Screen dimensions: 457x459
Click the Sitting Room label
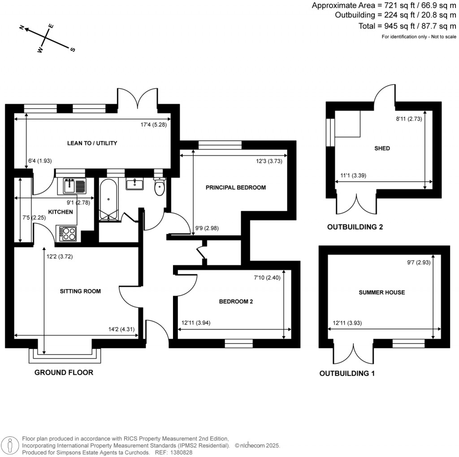click(x=81, y=291)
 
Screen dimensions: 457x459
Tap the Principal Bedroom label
click(x=236, y=188)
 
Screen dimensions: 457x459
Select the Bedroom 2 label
click(x=236, y=302)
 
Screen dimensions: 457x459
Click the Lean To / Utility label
click(x=92, y=143)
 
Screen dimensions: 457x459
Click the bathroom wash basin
click(x=134, y=184)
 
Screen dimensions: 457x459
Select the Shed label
click(x=382, y=149)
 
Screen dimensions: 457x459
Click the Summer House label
click(x=382, y=293)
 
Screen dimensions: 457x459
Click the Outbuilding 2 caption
click(x=355, y=227)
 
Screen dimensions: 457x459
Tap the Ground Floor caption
click(x=64, y=372)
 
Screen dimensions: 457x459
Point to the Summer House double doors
click(x=354, y=354)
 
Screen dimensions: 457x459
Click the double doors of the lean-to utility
click(x=137, y=97)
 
